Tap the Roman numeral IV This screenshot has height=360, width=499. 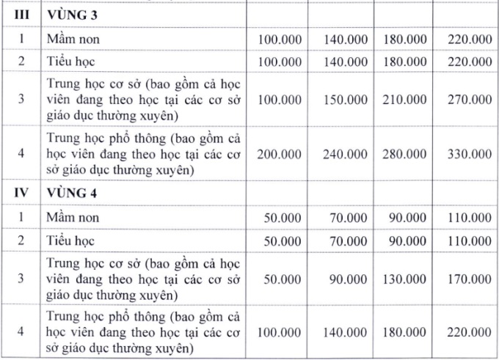click(23, 194)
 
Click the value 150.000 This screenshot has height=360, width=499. click(346, 99)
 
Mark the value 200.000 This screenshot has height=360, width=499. click(280, 153)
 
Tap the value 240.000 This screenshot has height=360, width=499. click(346, 153)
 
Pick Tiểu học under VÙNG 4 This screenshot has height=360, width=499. click(70, 240)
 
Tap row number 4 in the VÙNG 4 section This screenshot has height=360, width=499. click(23, 332)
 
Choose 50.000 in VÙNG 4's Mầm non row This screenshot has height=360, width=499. click(283, 218)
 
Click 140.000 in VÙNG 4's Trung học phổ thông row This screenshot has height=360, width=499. click(346, 332)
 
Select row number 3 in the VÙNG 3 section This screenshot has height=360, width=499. click(23, 99)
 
